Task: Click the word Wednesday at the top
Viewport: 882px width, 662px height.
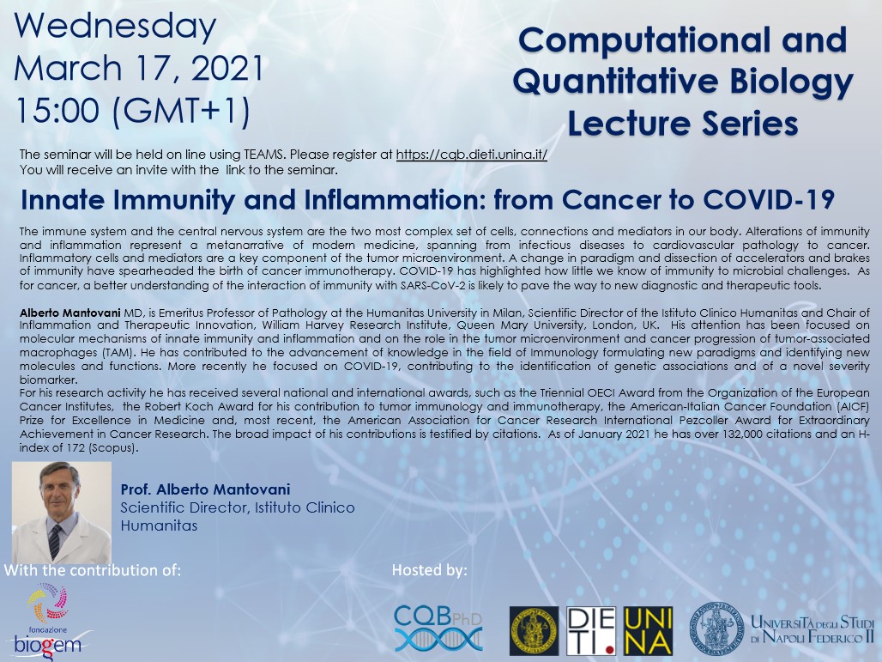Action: pos(115,26)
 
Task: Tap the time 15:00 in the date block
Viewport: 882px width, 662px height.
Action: pos(58,110)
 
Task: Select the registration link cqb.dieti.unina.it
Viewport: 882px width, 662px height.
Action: pos(471,155)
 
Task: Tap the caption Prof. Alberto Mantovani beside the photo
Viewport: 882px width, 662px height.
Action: pos(205,489)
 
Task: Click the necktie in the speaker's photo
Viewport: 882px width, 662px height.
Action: pos(55,541)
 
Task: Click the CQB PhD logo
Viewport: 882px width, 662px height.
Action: pos(438,629)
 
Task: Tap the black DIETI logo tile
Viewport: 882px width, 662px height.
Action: pos(591,631)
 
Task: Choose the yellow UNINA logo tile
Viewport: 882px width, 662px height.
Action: pos(648,631)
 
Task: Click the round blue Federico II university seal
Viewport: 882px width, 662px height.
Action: pos(716,628)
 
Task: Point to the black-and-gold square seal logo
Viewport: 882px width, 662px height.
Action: pos(534,631)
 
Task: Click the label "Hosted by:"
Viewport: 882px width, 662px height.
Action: pos(430,570)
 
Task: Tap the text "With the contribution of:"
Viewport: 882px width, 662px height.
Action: pos(93,570)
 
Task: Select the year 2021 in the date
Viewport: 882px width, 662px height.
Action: pos(228,69)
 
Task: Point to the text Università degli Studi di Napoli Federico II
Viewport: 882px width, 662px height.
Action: pos(813,629)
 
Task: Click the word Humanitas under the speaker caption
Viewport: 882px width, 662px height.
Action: pos(160,525)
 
